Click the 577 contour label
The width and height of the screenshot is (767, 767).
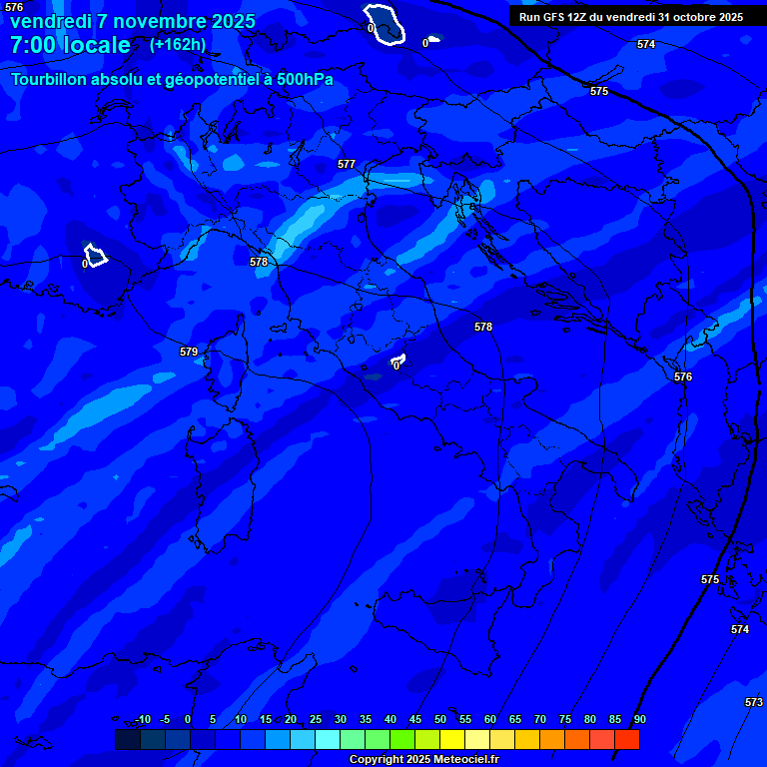[x=347, y=164]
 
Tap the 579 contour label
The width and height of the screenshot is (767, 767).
[x=189, y=352]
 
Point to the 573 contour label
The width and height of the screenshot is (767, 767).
[x=754, y=702]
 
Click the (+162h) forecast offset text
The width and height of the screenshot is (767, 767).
[x=178, y=44]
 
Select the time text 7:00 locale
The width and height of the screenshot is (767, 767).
[x=70, y=45]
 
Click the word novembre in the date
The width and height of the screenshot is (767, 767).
[x=157, y=21]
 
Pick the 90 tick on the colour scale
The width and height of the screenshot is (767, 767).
[x=639, y=719]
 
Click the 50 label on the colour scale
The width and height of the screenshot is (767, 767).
[x=439, y=719]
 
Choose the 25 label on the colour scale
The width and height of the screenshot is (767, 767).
[x=315, y=719]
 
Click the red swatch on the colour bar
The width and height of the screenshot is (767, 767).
[x=626, y=739]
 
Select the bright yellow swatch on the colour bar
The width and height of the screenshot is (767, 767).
[x=451, y=739]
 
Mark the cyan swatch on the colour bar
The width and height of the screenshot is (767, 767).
[x=327, y=739]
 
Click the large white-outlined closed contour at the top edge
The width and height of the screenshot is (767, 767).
[x=385, y=24]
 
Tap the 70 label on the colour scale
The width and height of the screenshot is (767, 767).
[x=539, y=719]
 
